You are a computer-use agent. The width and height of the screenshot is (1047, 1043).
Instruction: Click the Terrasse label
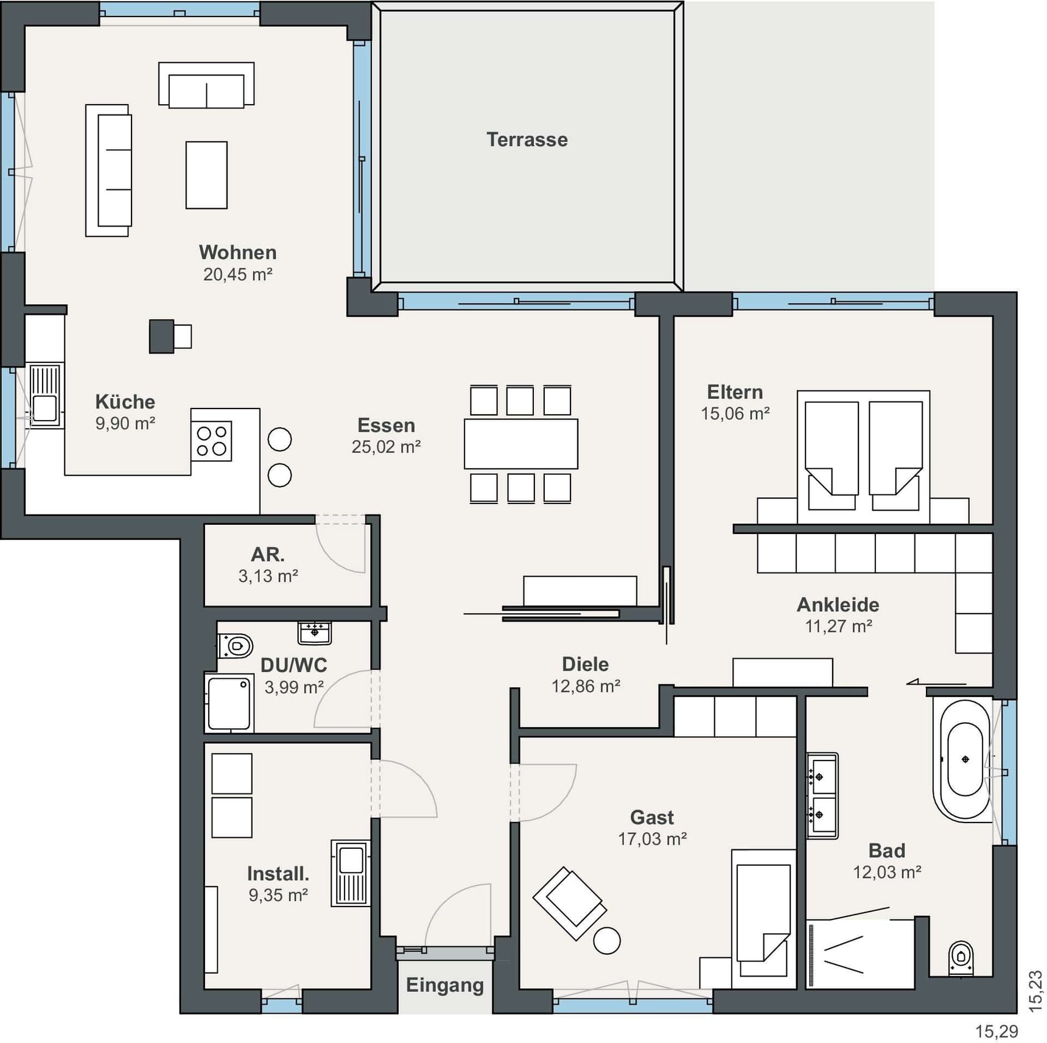click(x=527, y=139)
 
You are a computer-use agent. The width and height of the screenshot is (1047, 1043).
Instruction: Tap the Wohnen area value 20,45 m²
click(x=237, y=275)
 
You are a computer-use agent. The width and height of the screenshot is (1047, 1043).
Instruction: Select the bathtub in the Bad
click(x=965, y=760)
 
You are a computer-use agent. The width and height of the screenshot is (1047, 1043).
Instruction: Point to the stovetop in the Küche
click(x=211, y=441)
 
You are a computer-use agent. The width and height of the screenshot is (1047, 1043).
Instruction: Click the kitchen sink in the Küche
click(x=44, y=396)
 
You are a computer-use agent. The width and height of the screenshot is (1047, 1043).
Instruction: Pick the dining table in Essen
click(x=521, y=443)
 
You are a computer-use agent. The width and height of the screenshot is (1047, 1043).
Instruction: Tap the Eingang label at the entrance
click(x=445, y=985)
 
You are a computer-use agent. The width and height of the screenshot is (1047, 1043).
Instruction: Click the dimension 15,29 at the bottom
click(x=996, y=1031)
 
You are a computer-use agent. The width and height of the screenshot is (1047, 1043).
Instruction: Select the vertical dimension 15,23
click(x=1035, y=991)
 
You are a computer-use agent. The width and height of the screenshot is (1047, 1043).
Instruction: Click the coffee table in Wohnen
click(x=206, y=175)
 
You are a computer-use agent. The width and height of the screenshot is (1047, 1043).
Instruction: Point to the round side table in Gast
click(x=607, y=940)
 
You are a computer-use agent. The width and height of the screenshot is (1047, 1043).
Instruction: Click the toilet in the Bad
click(x=961, y=958)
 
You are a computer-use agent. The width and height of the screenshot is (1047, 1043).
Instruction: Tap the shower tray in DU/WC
click(x=229, y=703)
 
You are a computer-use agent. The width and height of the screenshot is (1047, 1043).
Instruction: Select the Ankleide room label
click(x=838, y=605)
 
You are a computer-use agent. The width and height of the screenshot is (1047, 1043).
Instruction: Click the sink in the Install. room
click(x=351, y=874)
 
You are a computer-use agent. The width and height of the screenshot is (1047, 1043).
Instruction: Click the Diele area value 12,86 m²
click(x=586, y=686)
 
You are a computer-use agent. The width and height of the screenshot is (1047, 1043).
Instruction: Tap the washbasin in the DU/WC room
click(x=315, y=633)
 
